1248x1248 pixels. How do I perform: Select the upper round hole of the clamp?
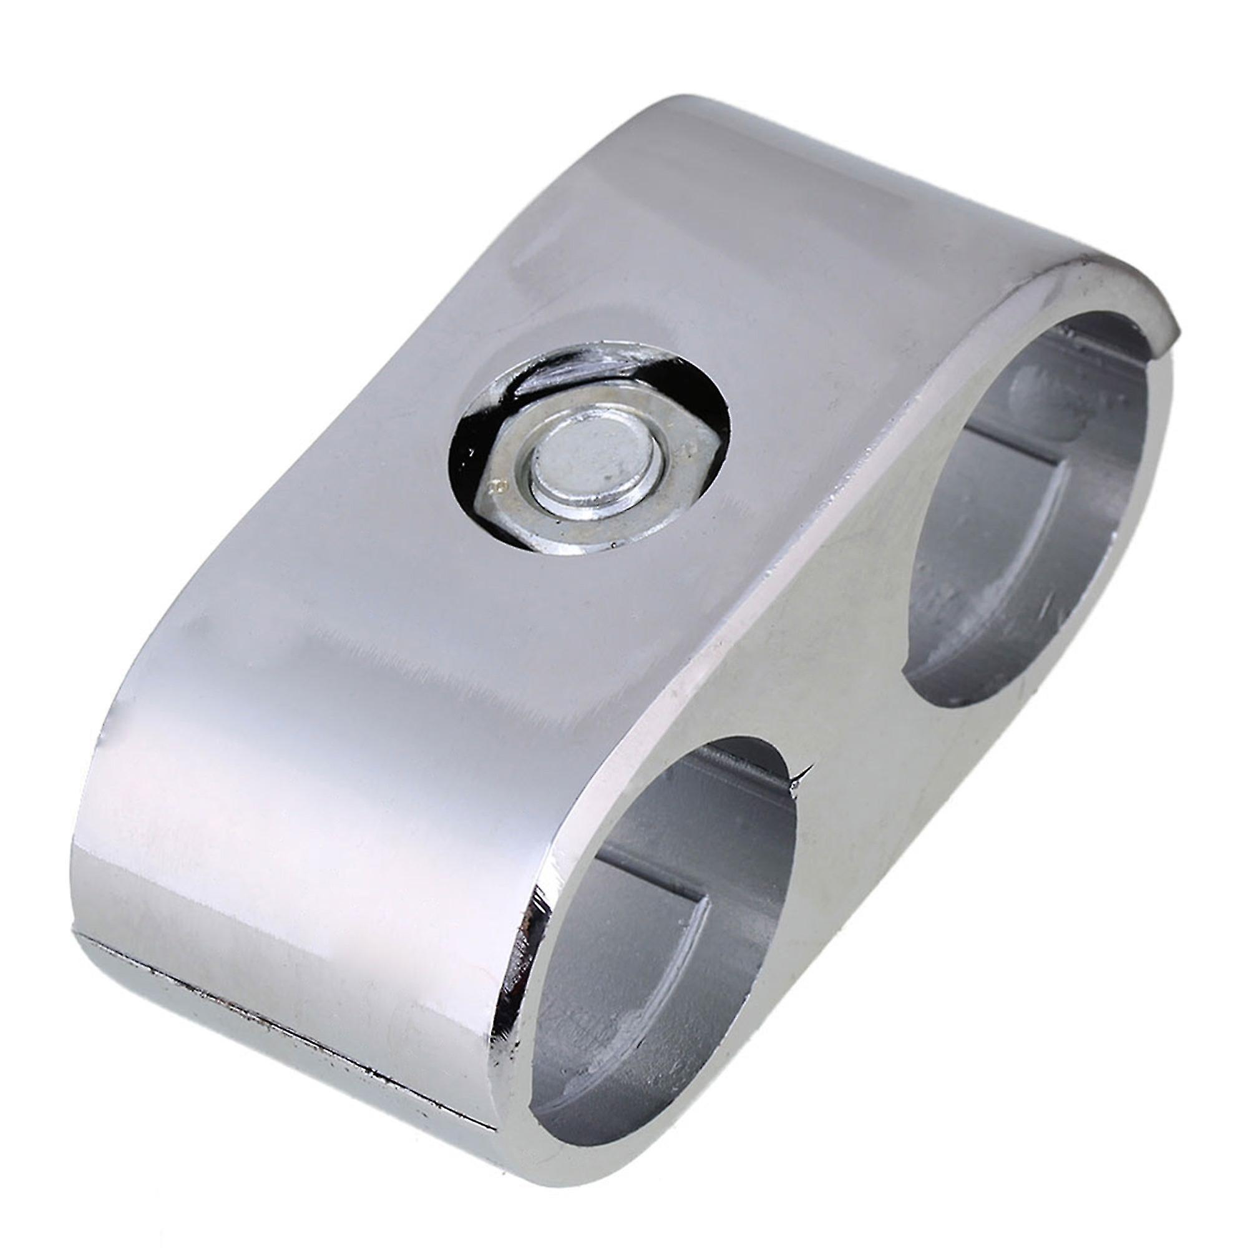click(x=1008, y=549)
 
